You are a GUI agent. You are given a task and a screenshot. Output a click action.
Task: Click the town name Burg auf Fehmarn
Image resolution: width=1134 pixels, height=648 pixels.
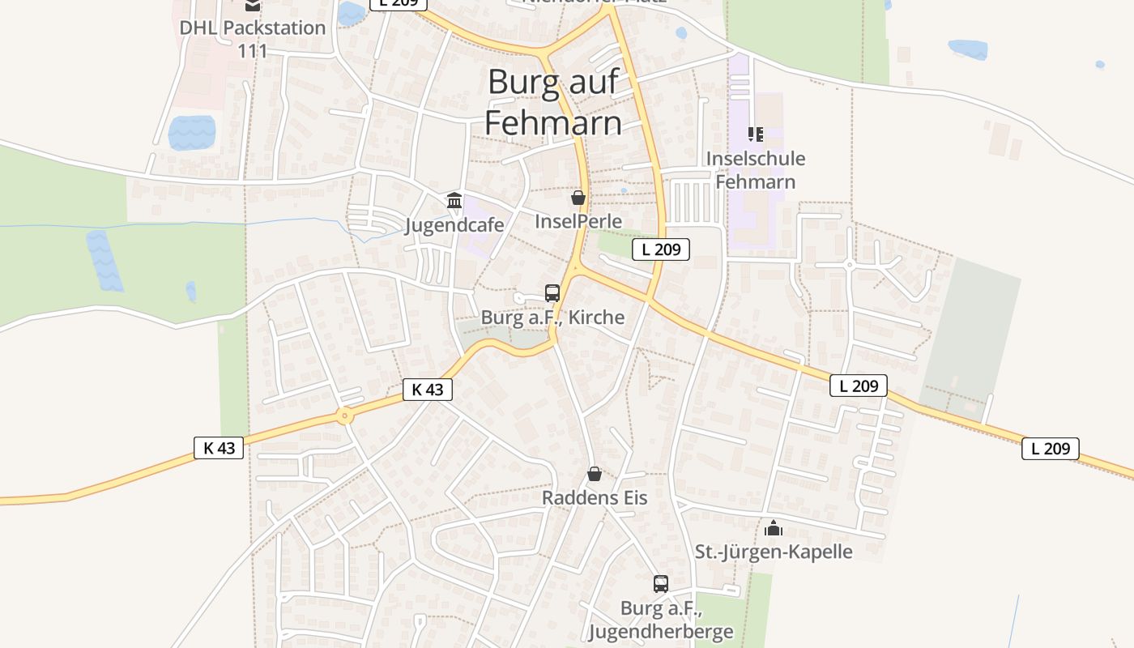coord(554,102)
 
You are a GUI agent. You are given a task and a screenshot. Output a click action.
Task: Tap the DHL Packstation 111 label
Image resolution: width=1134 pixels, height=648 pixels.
coord(253,38)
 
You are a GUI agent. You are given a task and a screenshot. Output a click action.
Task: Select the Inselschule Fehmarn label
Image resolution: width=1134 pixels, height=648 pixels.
coord(756,170)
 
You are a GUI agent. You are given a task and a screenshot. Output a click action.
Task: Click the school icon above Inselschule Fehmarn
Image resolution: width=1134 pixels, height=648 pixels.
coord(756,134)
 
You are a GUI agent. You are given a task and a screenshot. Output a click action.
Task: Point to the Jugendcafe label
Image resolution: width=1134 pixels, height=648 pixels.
coord(454,224)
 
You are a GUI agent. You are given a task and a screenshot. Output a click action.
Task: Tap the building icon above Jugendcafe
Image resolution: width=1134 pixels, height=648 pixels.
coord(454,200)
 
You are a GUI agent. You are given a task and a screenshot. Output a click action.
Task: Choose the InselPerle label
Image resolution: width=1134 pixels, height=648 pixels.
coord(578,221)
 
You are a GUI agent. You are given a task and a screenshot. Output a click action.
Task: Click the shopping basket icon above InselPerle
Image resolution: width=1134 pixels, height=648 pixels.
coord(578,197)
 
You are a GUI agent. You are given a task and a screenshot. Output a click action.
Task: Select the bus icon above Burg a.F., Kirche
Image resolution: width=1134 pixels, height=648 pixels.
coord(552,292)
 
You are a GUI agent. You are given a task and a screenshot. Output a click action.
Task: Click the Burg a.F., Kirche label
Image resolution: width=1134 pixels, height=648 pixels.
coord(552,317)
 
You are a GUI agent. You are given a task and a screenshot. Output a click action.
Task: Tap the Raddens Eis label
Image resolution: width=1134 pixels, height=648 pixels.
coord(595,497)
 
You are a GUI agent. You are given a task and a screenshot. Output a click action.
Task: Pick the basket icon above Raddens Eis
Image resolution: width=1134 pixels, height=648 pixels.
coord(595,474)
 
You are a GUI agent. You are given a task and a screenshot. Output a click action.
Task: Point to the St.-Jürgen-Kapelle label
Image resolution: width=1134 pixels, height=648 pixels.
coord(774,552)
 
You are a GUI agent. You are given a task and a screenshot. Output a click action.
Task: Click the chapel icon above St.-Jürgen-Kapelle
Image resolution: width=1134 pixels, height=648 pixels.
coord(774,528)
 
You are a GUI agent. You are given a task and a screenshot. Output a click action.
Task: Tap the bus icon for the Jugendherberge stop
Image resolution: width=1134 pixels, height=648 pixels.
coord(661,583)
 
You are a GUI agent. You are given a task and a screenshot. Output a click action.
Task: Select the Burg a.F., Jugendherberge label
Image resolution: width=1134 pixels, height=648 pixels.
coord(661,620)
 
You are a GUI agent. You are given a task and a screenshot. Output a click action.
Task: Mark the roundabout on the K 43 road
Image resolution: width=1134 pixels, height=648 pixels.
coord(345,417)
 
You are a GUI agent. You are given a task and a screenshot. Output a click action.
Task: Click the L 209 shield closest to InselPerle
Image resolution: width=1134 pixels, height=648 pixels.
coord(661,249)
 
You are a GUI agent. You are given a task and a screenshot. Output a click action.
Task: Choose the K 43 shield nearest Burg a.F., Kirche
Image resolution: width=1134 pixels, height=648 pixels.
coord(427,390)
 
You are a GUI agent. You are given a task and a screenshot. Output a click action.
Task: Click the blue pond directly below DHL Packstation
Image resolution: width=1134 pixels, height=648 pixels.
coord(192,133)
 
